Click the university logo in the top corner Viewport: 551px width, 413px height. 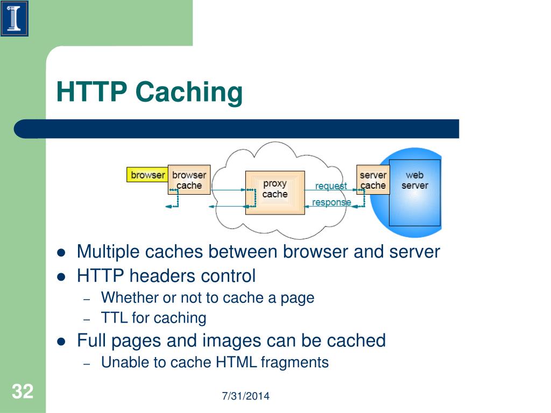tap(15, 18)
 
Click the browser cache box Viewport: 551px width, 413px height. tap(189, 180)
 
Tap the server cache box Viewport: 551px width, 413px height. tap(373, 180)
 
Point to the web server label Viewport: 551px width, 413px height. tap(414, 180)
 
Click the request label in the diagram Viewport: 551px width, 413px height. tap(331, 186)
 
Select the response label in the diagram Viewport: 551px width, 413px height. tap(331, 202)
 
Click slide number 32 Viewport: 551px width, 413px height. tap(23, 391)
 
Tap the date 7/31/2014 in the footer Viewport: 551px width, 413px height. tap(245, 396)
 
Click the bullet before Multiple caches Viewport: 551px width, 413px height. tap(61, 252)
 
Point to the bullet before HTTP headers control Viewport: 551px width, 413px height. tap(61, 277)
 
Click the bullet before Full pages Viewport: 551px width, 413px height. tap(61, 341)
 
